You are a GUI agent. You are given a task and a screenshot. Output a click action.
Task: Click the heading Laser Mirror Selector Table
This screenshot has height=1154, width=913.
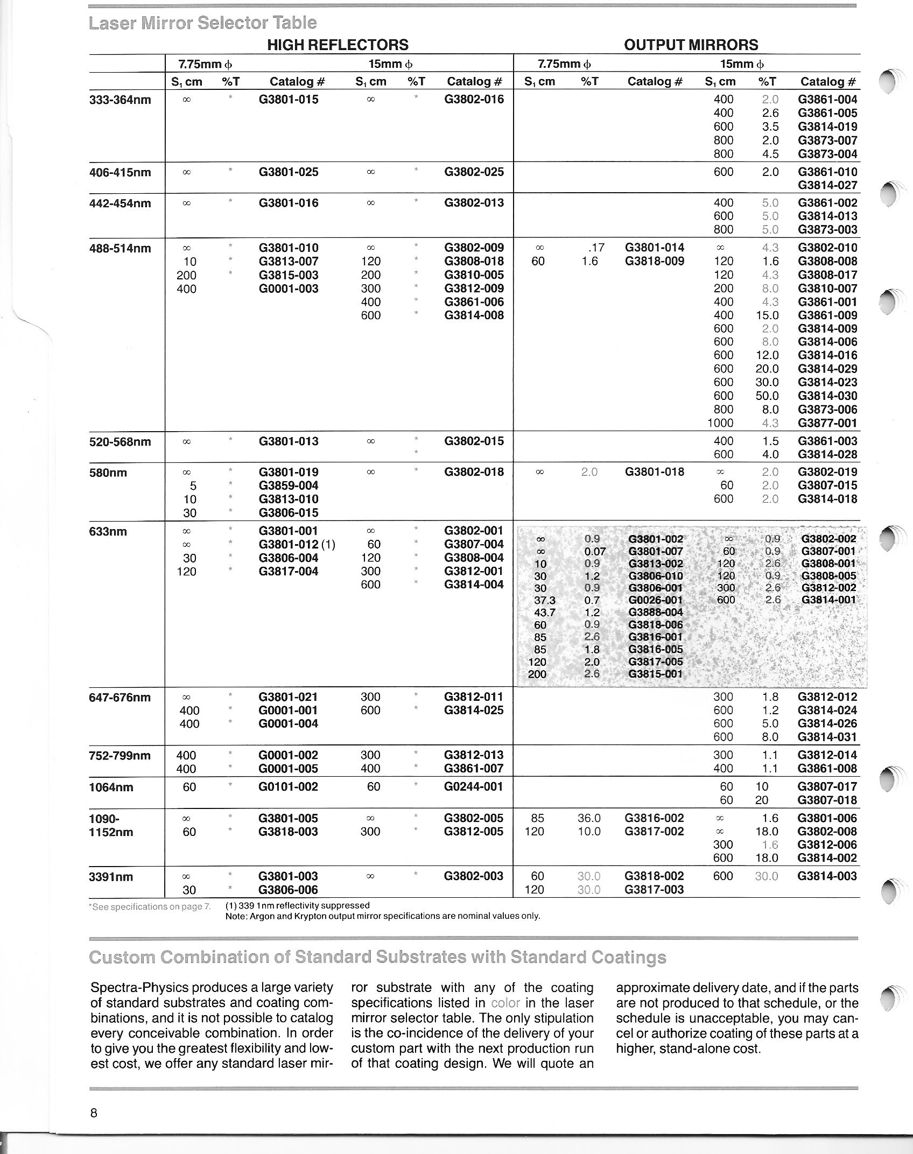tap(202, 23)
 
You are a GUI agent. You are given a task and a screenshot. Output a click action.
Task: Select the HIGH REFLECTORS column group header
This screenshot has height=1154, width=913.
tap(338, 45)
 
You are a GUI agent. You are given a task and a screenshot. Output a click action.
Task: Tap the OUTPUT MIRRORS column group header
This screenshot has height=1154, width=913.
tap(691, 45)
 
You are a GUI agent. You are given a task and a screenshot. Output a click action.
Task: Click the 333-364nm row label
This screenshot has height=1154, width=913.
tap(120, 100)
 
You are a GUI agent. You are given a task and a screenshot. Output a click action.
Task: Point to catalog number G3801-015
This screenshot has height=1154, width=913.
tap(289, 100)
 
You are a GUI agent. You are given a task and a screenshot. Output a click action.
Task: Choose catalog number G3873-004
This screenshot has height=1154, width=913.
tap(827, 154)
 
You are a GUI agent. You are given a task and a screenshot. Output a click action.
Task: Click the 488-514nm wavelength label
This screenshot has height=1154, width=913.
tap(120, 249)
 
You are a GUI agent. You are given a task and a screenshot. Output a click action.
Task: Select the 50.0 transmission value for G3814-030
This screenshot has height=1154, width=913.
tap(767, 396)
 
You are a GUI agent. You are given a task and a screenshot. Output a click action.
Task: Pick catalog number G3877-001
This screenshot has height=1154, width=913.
tap(827, 423)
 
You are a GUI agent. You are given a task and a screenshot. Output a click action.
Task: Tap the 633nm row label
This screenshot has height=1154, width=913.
tap(108, 532)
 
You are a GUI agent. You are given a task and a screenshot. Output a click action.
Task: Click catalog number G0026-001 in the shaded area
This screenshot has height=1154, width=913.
tap(655, 600)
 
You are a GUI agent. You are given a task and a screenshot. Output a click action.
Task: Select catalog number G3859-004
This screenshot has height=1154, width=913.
tap(289, 485)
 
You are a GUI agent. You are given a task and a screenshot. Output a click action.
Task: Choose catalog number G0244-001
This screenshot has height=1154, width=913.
tap(474, 787)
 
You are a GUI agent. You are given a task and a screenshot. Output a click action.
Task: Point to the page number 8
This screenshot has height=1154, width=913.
tap(94, 1113)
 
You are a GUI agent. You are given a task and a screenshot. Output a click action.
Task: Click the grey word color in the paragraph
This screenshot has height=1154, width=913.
tap(505, 1003)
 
